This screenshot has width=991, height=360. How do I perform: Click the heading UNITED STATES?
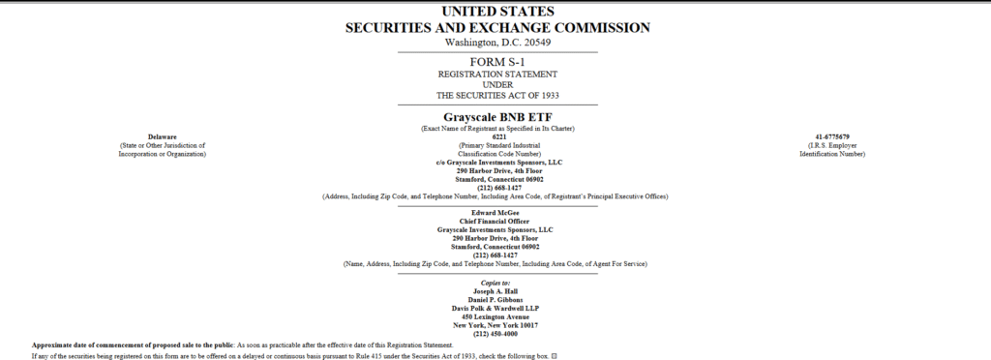(x=497, y=11)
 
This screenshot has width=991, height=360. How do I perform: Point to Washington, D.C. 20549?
(x=497, y=42)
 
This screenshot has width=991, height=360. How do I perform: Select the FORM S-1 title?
(x=497, y=62)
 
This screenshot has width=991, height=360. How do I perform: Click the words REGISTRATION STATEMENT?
(x=497, y=74)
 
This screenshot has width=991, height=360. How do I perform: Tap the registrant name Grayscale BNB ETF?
(x=497, y=117)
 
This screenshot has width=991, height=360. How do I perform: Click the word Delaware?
(x=162, y=136)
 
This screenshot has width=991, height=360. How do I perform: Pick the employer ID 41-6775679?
(x=832, y=136)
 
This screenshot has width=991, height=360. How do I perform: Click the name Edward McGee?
(x=495, y=213)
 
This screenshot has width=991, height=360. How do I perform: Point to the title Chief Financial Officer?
(x=495, y=221)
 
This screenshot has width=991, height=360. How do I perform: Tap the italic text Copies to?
(x=495, y=283)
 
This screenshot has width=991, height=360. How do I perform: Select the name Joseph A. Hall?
(x=495, y=291)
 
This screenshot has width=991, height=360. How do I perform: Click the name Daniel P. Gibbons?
(x=495, y=300)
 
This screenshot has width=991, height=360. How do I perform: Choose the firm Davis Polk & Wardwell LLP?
(x=495, y=309)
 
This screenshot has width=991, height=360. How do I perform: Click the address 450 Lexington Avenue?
(x=495, y=316)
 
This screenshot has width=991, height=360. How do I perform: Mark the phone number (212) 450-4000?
(x=495, y=334)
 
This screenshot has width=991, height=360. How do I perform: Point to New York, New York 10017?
(x=495, y=325)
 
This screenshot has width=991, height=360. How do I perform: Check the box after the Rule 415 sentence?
(x=555, y=356)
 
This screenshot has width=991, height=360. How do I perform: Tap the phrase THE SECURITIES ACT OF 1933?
(x=497, y=96)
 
